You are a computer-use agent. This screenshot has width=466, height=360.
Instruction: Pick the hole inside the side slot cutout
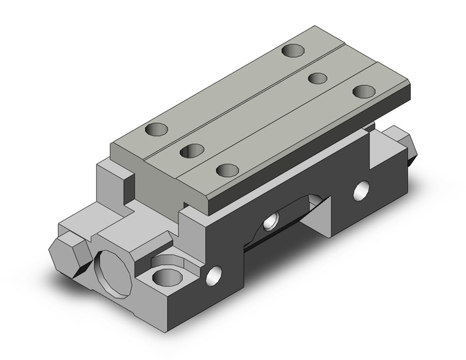click(270, 221)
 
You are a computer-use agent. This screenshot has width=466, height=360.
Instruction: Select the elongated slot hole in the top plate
click(192, 150)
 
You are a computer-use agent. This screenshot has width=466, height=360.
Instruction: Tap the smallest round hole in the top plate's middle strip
click(317, 78)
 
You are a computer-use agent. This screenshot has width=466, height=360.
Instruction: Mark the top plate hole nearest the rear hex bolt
click(364, 91)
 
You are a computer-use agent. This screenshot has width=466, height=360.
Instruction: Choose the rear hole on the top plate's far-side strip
click(292, 50)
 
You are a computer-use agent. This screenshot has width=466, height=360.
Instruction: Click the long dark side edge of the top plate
click(307, 153)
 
